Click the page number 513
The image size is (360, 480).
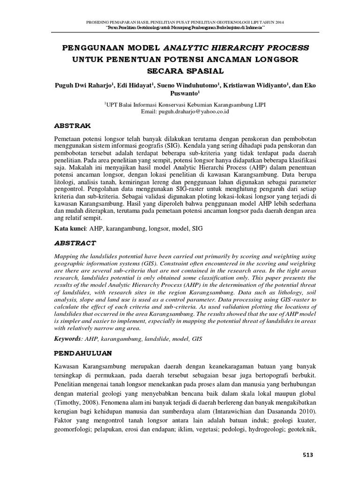point(307,455)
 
